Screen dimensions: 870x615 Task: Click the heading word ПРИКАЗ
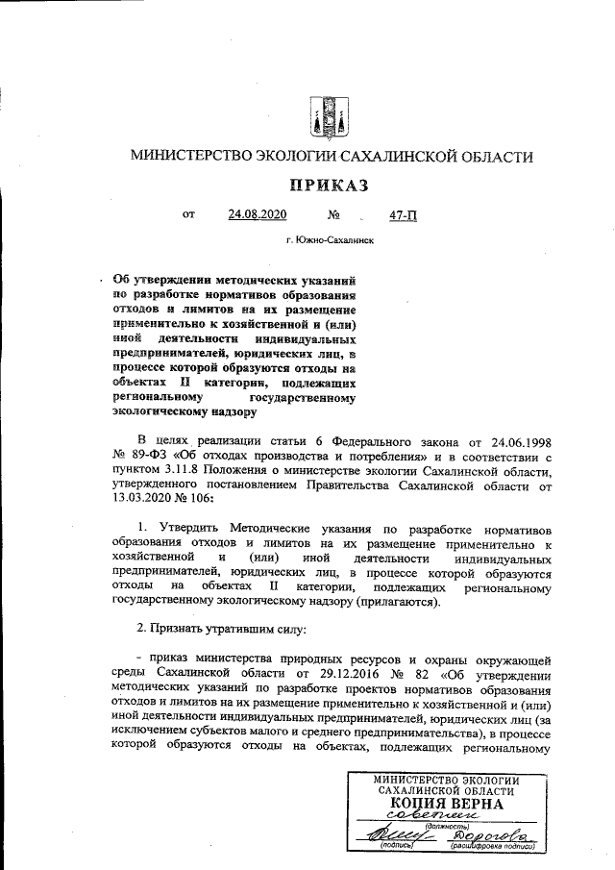[326, 185]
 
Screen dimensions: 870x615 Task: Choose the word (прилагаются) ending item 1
[397, 603]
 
